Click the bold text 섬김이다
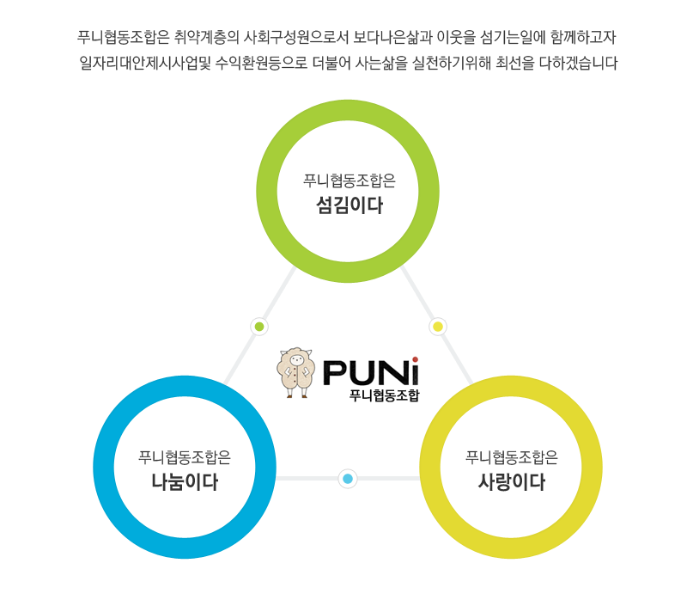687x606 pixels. tap(350, 205)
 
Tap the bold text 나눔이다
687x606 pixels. tap(185, 481)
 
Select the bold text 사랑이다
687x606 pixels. tap(512, 481)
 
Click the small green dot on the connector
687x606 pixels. tap(259, 327)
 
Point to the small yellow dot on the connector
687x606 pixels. tap(438, 327)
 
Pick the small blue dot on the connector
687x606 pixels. tap(348, 479)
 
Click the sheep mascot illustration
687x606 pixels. tap(296, 373)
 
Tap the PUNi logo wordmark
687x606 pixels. tap(371, 372)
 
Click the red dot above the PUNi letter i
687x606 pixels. tap(415, 359)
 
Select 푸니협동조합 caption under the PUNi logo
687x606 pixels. tap(384, 395)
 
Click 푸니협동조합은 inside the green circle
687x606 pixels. tap(350, 181)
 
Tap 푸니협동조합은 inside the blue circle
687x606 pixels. tap(185, 457)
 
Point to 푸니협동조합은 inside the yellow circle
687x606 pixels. tap(511, 457)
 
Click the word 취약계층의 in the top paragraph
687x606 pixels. tap(206, 37)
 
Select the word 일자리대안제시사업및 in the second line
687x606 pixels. tap(145, 63)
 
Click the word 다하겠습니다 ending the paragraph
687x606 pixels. tap(578, 63)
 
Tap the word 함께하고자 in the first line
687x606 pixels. tap(583, 37)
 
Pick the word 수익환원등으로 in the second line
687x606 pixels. tap(261, 63)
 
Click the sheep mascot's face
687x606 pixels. tap(296, 360)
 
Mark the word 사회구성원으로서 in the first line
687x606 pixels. tap(295, 37)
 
